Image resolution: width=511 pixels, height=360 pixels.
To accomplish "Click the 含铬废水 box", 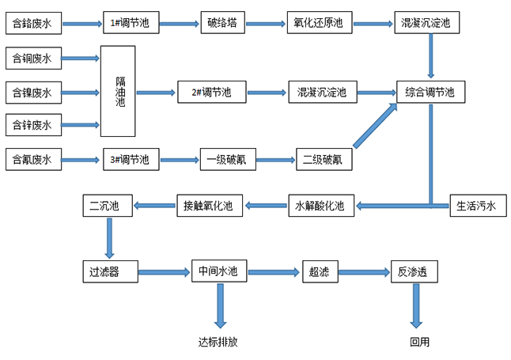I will coord(32,24).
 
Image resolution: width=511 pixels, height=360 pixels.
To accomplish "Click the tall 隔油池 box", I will coord(118,91).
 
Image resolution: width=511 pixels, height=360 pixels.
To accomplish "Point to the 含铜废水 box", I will coord(32,58).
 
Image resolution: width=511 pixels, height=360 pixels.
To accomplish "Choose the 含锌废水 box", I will coord(32,125).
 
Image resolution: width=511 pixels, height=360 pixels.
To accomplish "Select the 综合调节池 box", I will coord(430,93).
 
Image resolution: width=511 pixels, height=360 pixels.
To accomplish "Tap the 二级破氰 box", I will coord(323,160).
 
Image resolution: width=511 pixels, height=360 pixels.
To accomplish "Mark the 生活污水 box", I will coord(476,207).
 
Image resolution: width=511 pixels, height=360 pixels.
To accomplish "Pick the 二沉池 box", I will coord(105,207).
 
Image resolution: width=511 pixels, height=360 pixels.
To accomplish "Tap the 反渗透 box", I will coord(413,272).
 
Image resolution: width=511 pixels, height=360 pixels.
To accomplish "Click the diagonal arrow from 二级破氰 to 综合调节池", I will coord(376,125).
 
